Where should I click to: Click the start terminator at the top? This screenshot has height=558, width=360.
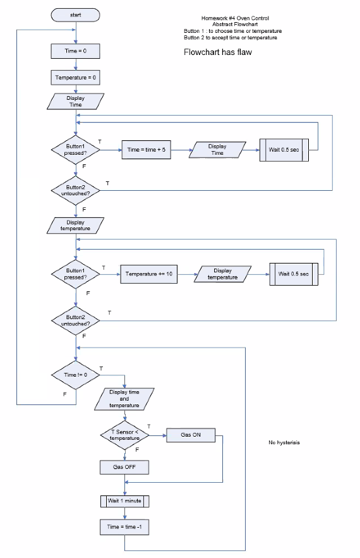pos(75,14)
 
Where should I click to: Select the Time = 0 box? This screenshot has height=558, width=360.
pos(75,51)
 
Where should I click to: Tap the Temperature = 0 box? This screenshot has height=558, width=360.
pos(75,77)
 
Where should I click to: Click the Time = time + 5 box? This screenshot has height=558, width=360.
pos(146,150)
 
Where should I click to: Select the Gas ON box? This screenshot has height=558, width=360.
pos(191,435)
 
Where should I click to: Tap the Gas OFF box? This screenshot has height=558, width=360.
pos(124,467)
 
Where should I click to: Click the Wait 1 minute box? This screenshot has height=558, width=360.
pos(124,501)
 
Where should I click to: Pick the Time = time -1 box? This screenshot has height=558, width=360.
pos(124,526)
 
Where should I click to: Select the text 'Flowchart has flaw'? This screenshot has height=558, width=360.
pos(217,52)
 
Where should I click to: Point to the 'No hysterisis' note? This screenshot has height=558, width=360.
pos(284,442)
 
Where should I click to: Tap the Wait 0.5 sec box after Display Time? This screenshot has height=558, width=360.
pos(284,150)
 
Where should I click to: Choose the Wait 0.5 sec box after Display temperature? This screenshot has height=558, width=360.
pos(294,274)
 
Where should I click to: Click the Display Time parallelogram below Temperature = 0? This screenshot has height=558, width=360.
pos(75,101)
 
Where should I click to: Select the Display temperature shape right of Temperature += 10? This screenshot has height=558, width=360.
pos(222,274)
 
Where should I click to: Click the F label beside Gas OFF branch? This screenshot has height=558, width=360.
pos(137,449)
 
